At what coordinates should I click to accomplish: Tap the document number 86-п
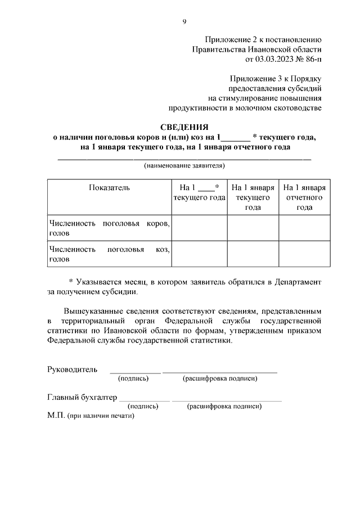pos(313,59)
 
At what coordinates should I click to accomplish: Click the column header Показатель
pos(109,188)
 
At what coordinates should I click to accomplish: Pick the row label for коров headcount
pos(109,228)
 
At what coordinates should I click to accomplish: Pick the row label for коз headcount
pos(109,254)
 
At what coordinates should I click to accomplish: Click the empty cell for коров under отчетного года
pos(304,228)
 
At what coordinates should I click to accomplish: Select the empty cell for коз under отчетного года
pos(304,254)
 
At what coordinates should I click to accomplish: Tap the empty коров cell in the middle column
pos(253,228)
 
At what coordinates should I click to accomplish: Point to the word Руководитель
pos(73,370)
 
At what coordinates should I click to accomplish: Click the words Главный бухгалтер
pos(82,397)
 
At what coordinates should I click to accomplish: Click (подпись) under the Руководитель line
pos(133,379)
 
